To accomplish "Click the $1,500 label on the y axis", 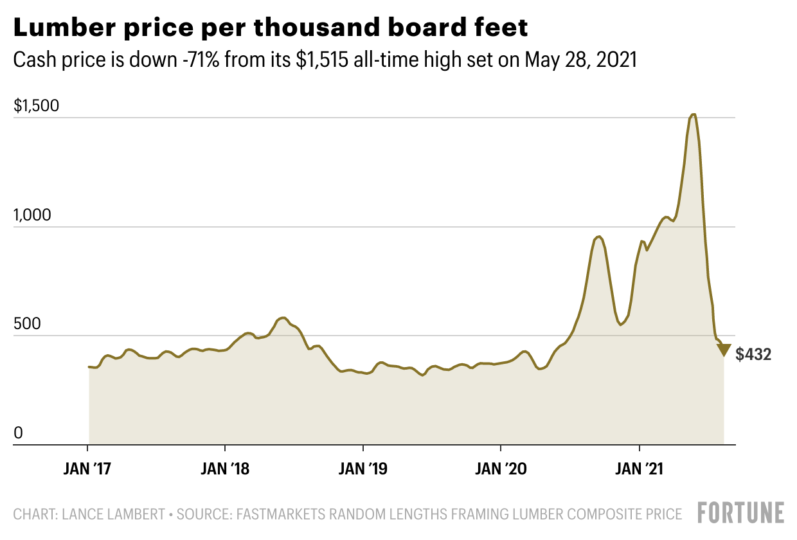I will click(36, 106).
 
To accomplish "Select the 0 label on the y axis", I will click(18, 433).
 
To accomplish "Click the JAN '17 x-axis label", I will click(88, 469).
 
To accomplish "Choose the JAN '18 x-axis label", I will click(226, 469).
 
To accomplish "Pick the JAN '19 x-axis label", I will click(363, 469).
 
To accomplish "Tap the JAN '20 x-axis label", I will click(501, 469).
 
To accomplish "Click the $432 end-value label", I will click(753, 354).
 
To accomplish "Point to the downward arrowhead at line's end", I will click(724, 350).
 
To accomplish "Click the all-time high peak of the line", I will click(693, 115).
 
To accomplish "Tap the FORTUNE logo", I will click(741, 512).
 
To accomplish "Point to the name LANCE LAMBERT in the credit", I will click(111, 514).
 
